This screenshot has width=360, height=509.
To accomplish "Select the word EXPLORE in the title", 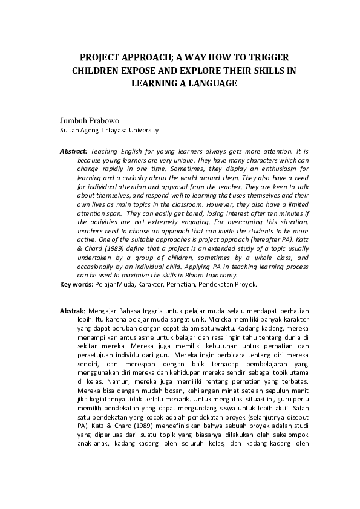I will click(x=201, y=70).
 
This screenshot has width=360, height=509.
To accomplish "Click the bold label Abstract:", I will click(x=74, y=150).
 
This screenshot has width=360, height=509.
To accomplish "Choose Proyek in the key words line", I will click(x=244, y=284).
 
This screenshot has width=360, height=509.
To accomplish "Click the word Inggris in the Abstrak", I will click(x=154, y=311).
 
